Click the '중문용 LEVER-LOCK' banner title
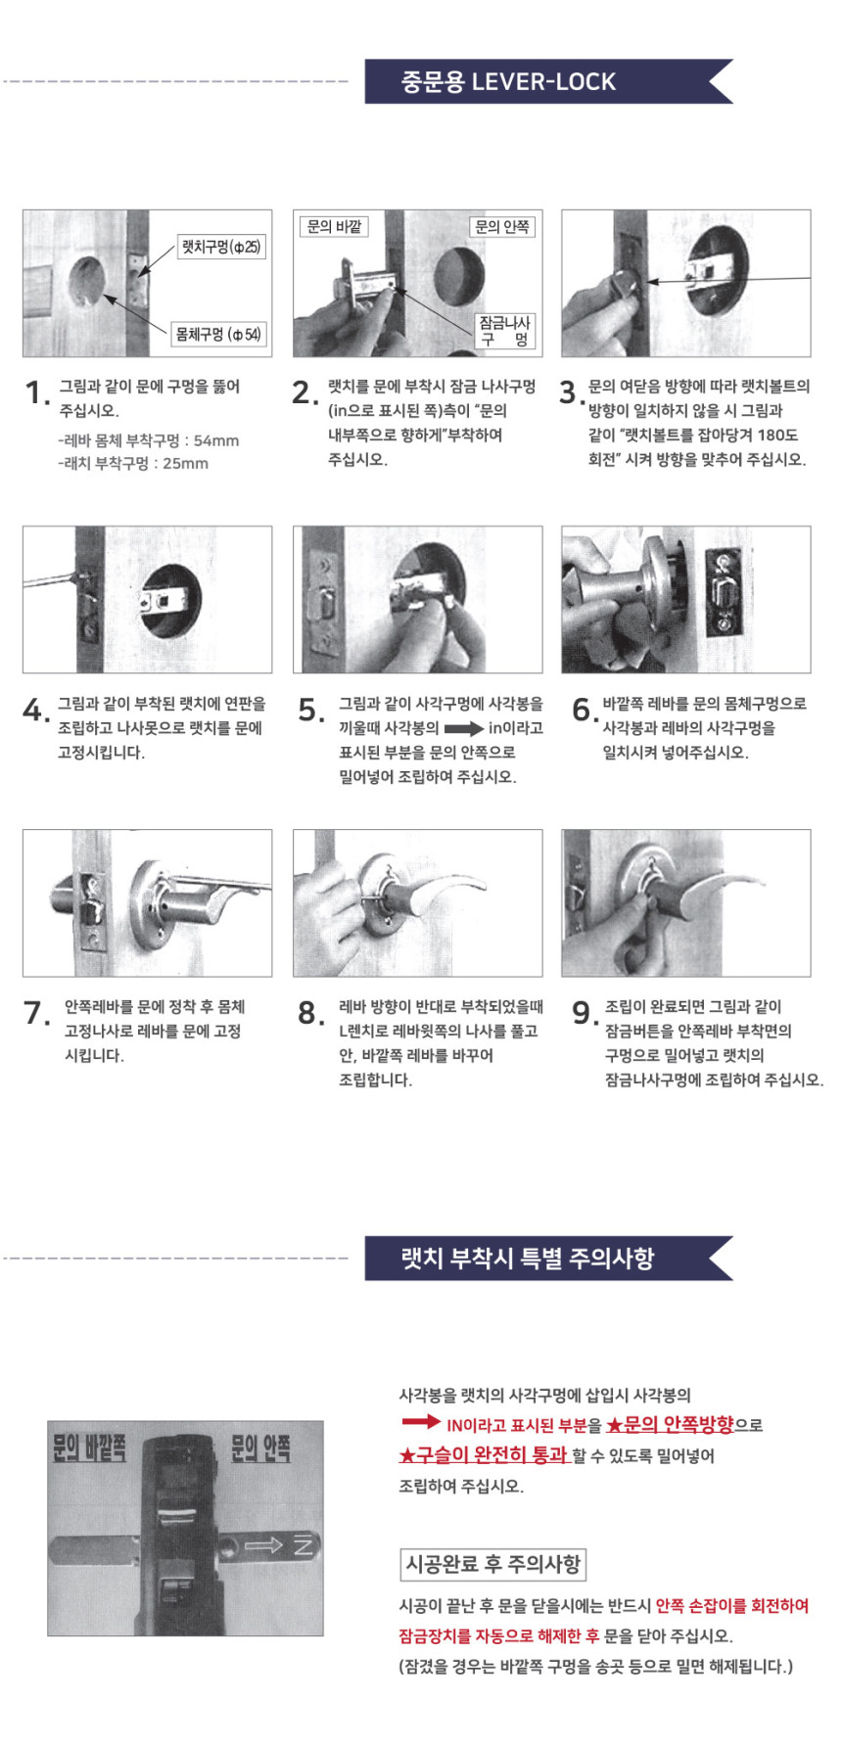[x=508, y=81]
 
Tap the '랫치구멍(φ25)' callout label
[x=221, y=247]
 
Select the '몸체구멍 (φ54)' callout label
[x=217, y=335]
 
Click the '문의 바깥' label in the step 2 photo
[x=334, y=227]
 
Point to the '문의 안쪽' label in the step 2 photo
[x=502, y=227]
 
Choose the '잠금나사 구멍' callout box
[x=504, y=331]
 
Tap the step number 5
[x=309, y=711]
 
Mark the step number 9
[x=584, y=1013]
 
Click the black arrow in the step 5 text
[x=464, y=728]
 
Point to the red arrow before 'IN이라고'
[x=421, y=1422]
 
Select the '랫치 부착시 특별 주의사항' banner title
[x=528, y=1258]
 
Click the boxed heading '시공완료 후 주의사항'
[x=493, y=1564]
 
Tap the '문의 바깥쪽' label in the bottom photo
[x=89, y=1447]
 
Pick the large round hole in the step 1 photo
[x=87, y=284]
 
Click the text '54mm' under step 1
[x=215, y=440]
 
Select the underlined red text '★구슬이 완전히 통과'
[x=483, y=1455]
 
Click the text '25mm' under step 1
[x=185, y=464]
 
